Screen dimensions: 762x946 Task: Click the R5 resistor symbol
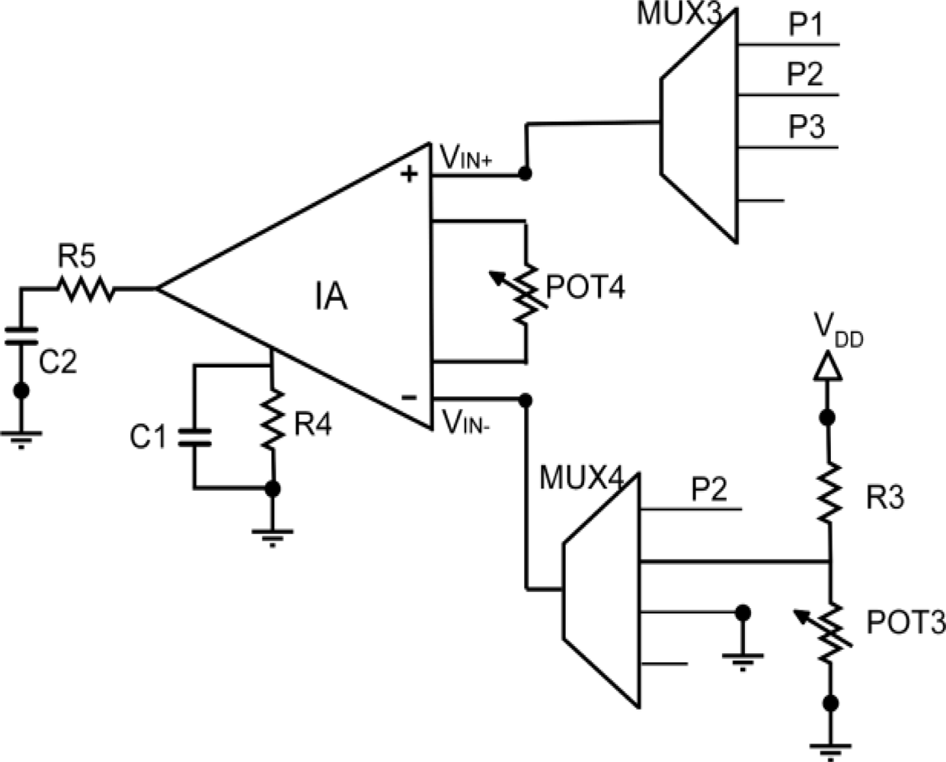(85, 289)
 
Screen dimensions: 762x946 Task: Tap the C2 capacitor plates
(21, 335)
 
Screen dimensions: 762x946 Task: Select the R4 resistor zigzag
(272, 421)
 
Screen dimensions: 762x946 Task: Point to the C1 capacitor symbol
(193, 437)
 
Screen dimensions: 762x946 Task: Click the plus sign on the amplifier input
(410, 174)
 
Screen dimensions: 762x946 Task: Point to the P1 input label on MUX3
(804, 25)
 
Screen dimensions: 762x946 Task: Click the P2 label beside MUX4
(709, 490)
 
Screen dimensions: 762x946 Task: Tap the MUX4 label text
(580, 479)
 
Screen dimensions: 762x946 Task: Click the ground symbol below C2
(21, 438)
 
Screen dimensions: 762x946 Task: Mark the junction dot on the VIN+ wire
(524, 174)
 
